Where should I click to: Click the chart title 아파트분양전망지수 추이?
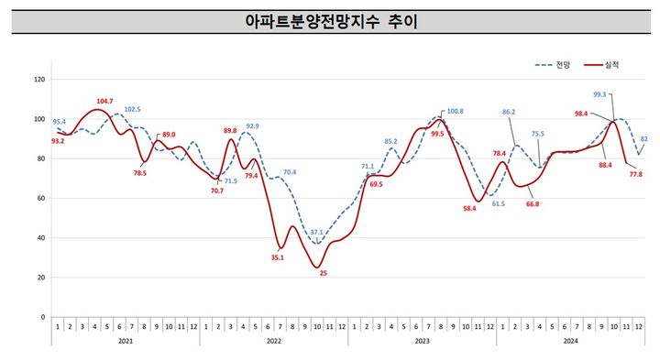(x=330, y=20)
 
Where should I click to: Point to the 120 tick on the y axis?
(x=38, y=80)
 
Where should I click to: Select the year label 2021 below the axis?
(x=126, y=342)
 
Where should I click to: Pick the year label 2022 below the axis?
(x=274, y=342)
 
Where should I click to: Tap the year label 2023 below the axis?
(x=423, y=342)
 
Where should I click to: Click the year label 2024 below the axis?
(x=571, y=342)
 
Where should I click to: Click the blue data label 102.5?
(x=132, y=109)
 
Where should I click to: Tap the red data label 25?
(x=322, y=273)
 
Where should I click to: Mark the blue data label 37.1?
(x=316, y=233)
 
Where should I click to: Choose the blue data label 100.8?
(x=455, y=112)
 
